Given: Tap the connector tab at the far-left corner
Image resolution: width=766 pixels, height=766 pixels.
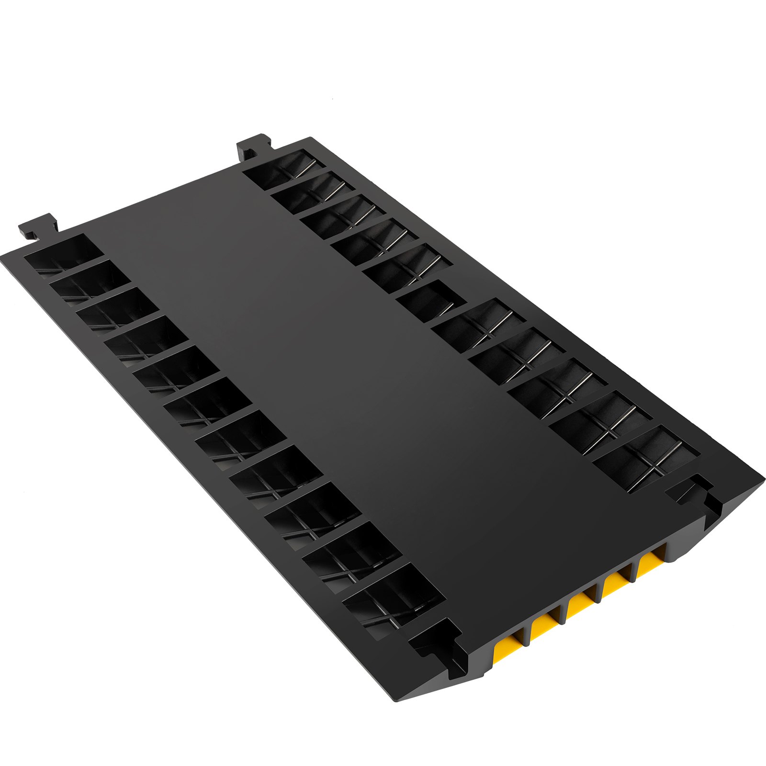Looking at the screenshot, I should coord(38,228).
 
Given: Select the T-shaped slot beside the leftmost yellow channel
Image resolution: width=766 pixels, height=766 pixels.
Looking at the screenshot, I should coord(438,642).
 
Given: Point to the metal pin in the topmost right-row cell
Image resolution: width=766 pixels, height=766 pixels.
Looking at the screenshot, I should coord(305,169).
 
